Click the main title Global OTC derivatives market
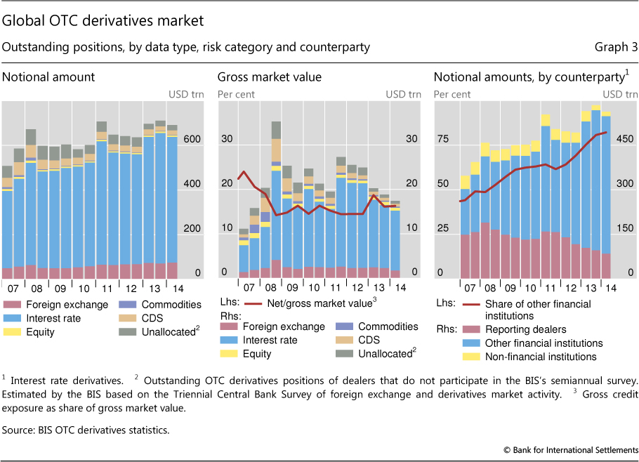tap(103, 21)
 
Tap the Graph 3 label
tap(615, 48)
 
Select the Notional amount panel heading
tap(48, 77)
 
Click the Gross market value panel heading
tap(269, 77)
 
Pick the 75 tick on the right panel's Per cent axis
tap(442, 140)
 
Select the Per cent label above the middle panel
tap(236, 94)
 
